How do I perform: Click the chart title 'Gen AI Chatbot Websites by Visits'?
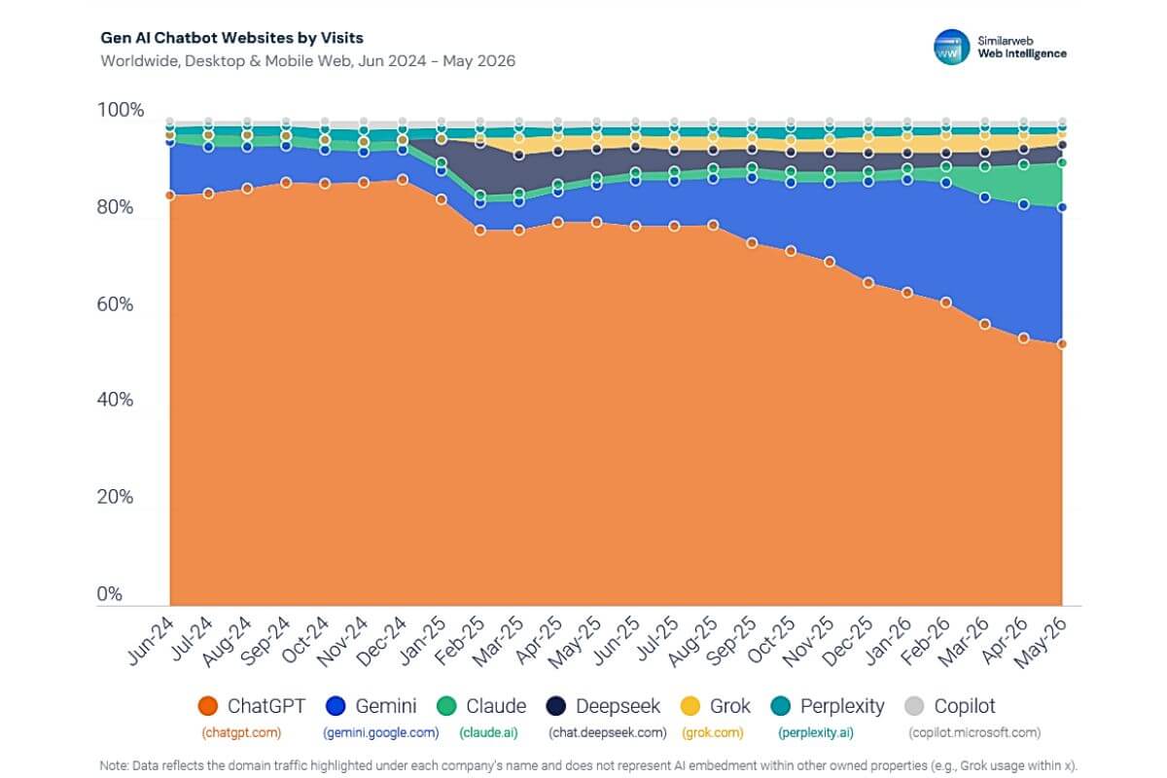tap(231, 38)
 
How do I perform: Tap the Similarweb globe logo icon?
tap(951, 47)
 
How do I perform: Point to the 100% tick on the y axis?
tap(121, 110)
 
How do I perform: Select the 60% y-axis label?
tap(115, 303)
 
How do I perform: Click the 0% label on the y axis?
tap(109, 593)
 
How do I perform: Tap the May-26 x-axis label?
tap(1042, 642)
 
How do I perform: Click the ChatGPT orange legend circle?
tap(208, 706)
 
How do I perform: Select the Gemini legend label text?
tap(385, 706)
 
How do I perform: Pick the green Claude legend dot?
tap(446, 706)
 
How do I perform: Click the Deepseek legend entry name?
tap(618, 706)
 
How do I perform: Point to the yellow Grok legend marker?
tap(690, 706)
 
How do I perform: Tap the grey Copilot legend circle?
tap(914, 706)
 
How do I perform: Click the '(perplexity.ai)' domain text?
tap(816, 732)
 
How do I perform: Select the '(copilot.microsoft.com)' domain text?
tap(974, 732)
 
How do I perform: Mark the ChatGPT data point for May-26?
tap(1062, 344)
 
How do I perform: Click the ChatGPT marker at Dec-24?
tap(403, 180)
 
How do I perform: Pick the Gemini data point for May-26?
tap(1062, 207)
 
